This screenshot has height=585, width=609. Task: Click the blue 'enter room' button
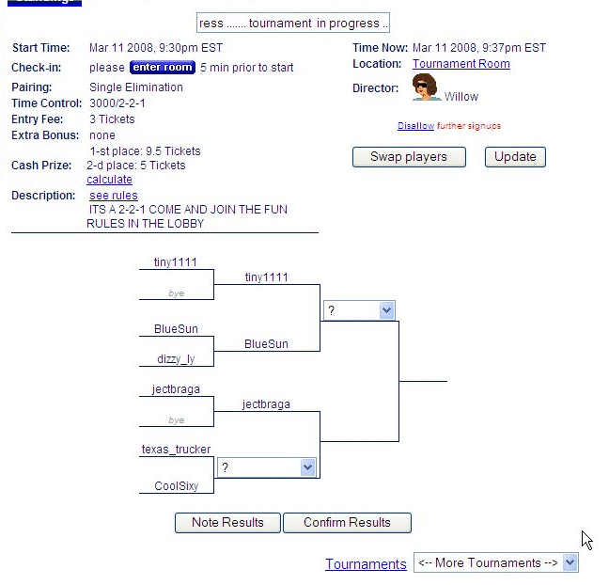(162, 68)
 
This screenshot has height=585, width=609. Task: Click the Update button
(515, 157)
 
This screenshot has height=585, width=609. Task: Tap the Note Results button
(227, 523)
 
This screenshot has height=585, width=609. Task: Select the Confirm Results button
(347, 523)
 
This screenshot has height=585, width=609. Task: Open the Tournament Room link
(461, 64)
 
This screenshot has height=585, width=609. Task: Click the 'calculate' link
(109, 180)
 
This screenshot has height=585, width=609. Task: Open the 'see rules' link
(114, 196)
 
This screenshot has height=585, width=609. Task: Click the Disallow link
(415, 126)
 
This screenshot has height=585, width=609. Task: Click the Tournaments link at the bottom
(366, 564)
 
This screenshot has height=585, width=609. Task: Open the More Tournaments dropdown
(496, 563)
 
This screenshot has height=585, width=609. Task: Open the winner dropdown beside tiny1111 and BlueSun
(359, 310)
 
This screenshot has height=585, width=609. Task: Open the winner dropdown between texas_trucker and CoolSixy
(267, 467)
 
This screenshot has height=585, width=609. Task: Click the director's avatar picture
(427, 87)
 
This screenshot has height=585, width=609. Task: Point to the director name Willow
(461, 97)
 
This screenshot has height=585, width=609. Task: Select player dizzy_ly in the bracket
(176, 359)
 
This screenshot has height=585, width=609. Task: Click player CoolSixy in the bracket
(176, 486)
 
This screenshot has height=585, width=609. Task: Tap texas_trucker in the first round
(176, 450)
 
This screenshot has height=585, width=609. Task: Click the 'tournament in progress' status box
(292, 24)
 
